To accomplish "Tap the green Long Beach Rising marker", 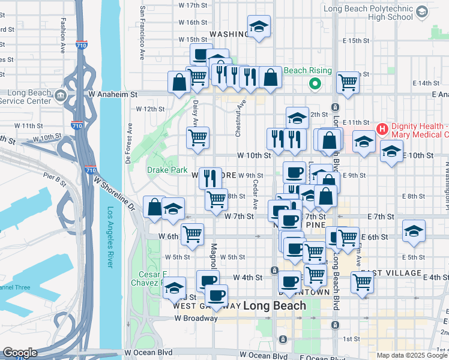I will (x=313, y=84).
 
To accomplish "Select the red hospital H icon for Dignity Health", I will (x=381, y=128).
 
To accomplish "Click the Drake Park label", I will (x=167, y=170).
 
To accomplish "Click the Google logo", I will (x=20, y=352).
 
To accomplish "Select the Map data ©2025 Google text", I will (x=412, y=355).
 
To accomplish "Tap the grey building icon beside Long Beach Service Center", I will (x=60, y=95).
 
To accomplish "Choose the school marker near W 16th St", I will (x=259, y=26).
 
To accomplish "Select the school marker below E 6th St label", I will (x=414, y=232).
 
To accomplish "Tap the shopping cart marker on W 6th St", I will (x=192, y=234).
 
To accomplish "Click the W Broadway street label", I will (x=196, y=318).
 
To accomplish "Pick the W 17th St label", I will (x=193, y=5).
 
